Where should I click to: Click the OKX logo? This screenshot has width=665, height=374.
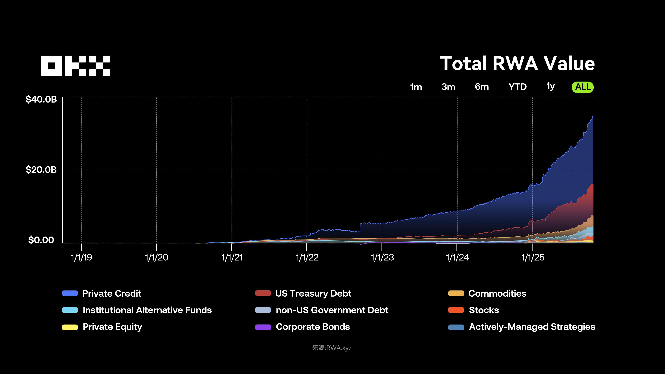(75, 66)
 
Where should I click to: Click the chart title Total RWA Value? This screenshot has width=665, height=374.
(517, 64)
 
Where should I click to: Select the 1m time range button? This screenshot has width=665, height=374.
(416, 87)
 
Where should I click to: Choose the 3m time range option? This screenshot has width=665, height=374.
(448, 87)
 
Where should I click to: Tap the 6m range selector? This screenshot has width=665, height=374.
(482, 87)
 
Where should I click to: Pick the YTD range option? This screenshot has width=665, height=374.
(517, 87)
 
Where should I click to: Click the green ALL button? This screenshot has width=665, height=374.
(583, 87)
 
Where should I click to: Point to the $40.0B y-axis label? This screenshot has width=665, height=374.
(41, 99)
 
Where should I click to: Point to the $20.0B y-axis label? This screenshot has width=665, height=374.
(41, 170)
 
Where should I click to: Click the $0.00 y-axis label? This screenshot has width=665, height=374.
(41, 240)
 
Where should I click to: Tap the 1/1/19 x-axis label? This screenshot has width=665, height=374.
(81, 257)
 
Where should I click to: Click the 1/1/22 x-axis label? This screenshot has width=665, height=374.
(307, 257)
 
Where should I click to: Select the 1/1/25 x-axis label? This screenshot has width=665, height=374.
(533, 257)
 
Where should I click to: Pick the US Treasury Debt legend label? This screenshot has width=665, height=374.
(313, 293)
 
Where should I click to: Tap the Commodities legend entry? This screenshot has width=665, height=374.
(497, 293)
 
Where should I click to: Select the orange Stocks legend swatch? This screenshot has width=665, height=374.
(456, 310)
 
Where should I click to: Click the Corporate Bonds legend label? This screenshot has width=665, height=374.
(313, 327)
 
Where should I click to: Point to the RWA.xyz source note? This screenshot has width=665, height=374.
(332, 348)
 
